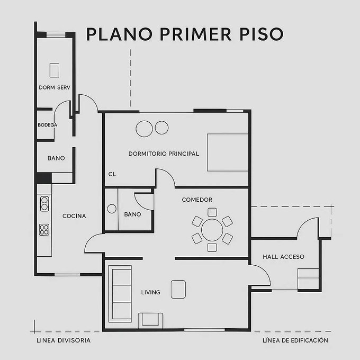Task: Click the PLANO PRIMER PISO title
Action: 185,34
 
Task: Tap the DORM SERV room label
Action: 55,87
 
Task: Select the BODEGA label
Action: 47,125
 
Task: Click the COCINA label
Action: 74,216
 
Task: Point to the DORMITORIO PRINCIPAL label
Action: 164,154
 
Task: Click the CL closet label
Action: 112,174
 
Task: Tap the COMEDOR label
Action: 197,200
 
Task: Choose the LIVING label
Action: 150,292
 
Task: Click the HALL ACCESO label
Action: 284,257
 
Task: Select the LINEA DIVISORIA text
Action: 64,340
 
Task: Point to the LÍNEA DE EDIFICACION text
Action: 295,340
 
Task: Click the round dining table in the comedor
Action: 212,230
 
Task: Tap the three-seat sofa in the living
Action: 120,294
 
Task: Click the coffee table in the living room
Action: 178,289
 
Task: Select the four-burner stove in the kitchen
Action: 44,230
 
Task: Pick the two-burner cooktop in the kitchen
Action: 44,204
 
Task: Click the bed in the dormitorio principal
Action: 228,152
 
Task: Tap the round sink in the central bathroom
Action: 112,209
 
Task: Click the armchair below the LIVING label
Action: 150,320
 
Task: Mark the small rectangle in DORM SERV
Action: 55,70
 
